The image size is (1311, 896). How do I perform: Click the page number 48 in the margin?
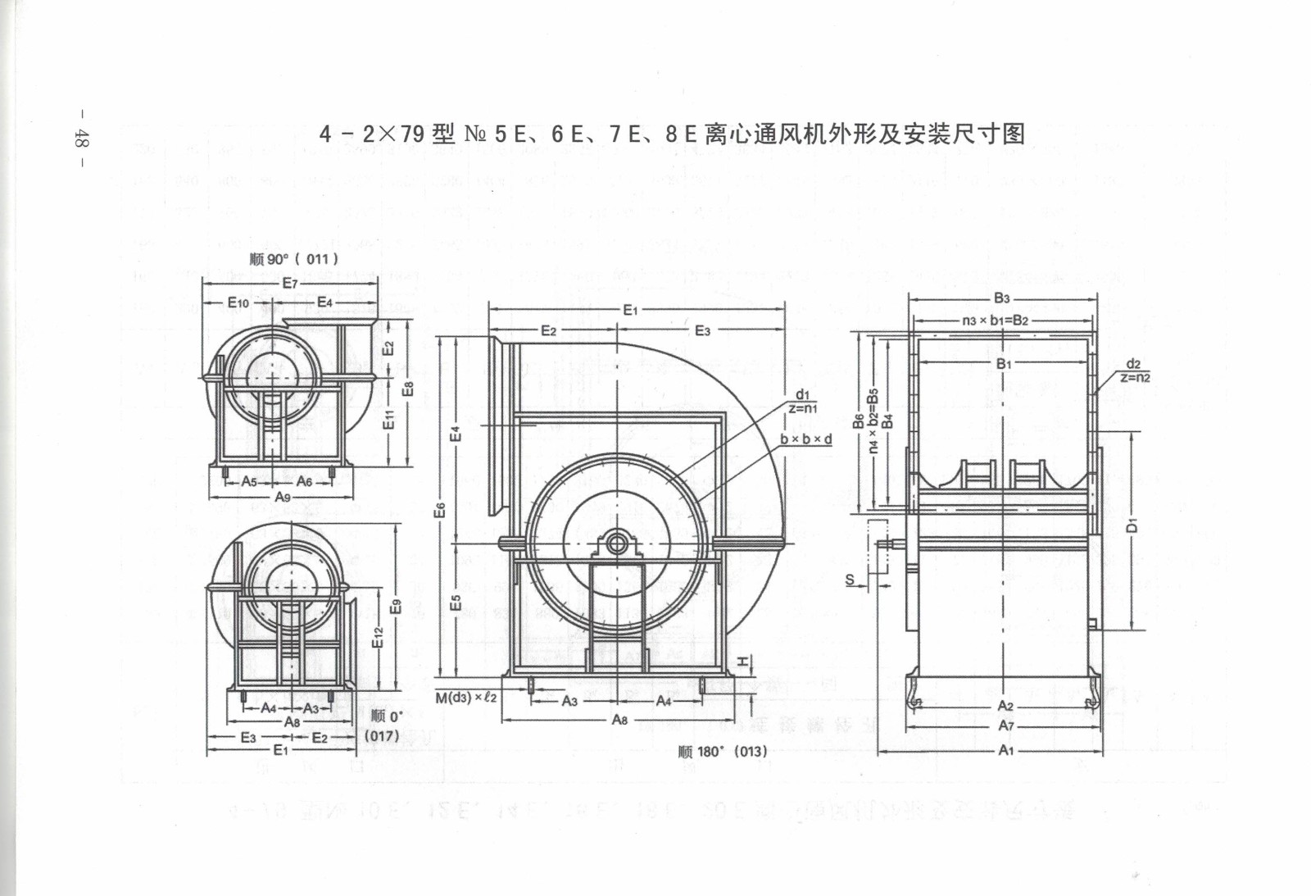[81, 138]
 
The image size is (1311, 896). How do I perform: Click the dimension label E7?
[290, 284]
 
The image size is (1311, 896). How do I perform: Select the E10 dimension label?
[238, 303]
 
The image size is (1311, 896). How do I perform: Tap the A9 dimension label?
[283, 497]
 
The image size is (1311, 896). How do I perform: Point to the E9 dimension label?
[396, 607]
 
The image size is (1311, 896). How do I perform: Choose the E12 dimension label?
[378, 638]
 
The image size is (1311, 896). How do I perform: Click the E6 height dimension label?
[440, 510]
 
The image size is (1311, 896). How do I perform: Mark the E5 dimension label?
[456, 603]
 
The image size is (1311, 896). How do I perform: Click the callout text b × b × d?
[805, 439]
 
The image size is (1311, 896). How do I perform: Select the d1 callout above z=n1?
[802, 395]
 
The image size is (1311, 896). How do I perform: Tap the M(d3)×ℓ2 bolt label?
[465, 698]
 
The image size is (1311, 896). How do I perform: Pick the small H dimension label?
[742, 662]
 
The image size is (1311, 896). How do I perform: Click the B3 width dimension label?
[1002, 298]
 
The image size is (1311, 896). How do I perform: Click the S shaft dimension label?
[850, 580]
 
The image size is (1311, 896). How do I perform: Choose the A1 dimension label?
[1006, 750]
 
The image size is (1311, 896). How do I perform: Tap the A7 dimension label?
[1006, 726]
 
